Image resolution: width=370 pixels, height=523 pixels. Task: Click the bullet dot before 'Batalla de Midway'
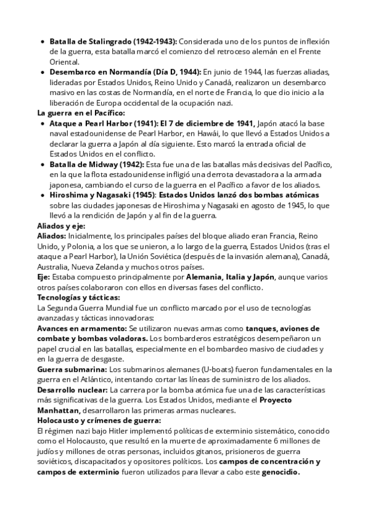click(42, 165)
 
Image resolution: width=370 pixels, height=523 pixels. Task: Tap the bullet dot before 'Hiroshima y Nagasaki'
click(42, 196)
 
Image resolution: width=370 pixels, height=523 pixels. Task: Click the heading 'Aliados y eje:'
click(61, 226)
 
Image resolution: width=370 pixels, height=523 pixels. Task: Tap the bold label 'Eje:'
click(46, 278)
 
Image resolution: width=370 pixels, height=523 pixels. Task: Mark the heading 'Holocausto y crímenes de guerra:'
click(99, 421)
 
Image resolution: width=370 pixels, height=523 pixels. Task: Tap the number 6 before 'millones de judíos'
click(275, 442)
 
